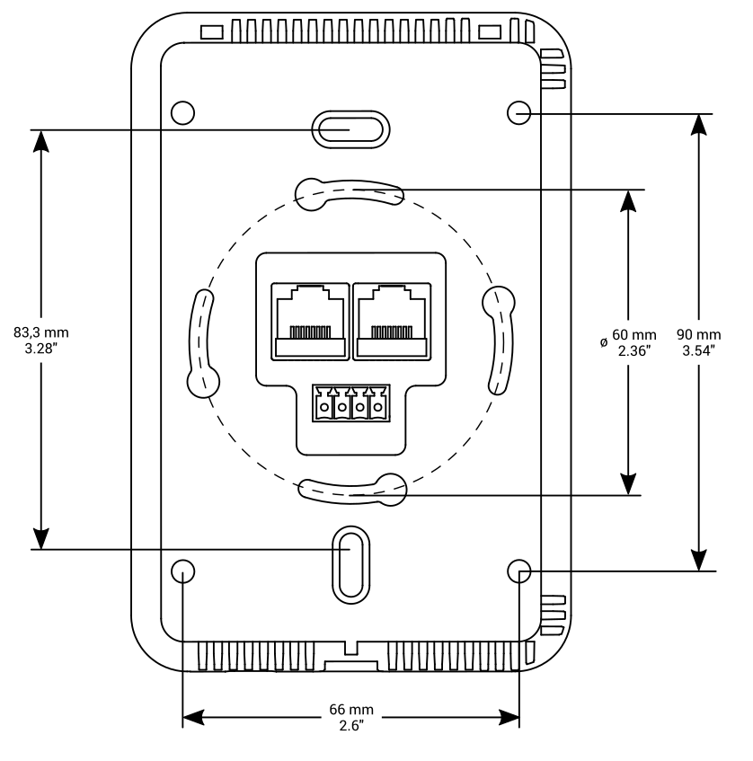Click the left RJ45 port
pos(308,321)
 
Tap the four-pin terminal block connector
pos(350,404)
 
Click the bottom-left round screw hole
pos(182,571)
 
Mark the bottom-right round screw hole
pos(519,571)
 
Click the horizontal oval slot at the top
pos(350,128)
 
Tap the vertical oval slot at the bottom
pos(350,564)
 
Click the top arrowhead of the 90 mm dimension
pos(698,126)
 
